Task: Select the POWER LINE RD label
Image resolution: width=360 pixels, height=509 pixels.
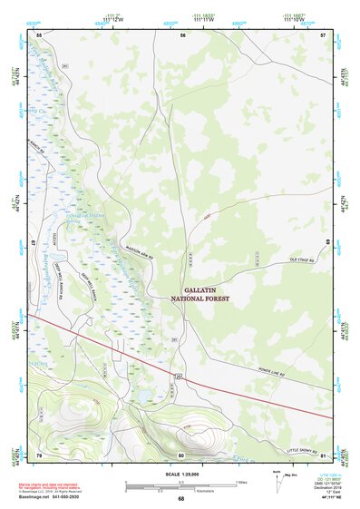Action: click(269, 371)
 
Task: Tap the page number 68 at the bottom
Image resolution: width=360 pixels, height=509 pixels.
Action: click(181, 499)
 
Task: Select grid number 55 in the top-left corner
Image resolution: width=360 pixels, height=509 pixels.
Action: click(38, 34)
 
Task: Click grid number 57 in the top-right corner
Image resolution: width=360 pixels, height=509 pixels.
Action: click(323, 34)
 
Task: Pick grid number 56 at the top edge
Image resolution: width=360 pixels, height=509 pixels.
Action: click(182, 34)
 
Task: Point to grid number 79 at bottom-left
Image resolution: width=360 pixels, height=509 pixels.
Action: click(38, 455)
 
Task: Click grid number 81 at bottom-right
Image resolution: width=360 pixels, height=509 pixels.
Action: click(323, 455)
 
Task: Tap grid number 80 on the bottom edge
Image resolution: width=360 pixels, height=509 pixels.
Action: click(181, 455)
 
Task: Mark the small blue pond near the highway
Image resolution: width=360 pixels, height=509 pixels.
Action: click(144, 396)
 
